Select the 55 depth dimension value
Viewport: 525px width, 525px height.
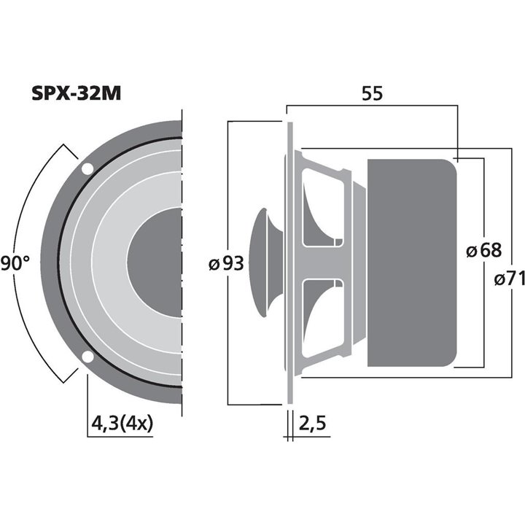372,93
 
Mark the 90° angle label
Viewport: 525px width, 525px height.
15,263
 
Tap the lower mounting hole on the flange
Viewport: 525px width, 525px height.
87,357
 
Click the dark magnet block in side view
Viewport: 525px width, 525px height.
412,262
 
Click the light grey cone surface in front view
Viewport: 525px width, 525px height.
109,262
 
